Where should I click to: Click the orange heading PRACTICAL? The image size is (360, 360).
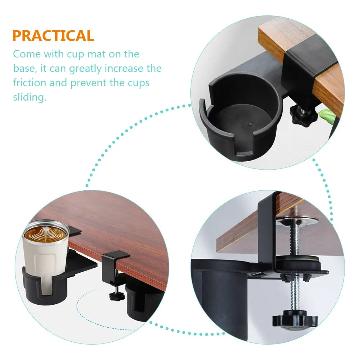(x=53, y=36)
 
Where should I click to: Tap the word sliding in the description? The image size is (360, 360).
(x=30, y=97)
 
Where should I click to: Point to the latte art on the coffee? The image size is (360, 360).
(x=46, y=235)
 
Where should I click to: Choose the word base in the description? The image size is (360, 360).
(x=24, y=69)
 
